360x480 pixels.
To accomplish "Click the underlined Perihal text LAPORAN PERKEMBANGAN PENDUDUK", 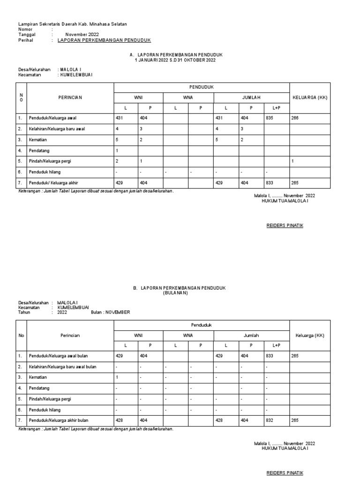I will (x=104, y=41).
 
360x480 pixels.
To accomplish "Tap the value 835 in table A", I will (x=270, y=118).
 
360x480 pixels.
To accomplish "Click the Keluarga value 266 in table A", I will (x=295, y=118).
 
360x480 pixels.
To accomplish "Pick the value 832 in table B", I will (x=270, y=420).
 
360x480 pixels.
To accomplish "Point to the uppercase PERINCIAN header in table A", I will (x=70, y=97).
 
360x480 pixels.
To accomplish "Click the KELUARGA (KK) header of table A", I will (x=310, y=97).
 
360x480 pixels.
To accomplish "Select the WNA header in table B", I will (x=188, y=336).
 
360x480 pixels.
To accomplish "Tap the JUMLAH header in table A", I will (x=251, y=97).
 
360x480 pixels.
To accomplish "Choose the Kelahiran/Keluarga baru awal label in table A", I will (x=57, y=129).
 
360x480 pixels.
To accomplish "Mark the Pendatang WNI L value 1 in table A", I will (x=117, y=150).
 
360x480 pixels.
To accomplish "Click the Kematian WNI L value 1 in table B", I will (x=117, y=377).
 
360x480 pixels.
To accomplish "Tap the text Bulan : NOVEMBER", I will (x=111, y=312).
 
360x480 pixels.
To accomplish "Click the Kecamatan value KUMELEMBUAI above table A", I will (x=75, y=75).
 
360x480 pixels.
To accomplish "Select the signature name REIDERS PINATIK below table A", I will (x=285, y=225).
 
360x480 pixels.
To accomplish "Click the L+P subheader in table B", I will (x=276, y=345).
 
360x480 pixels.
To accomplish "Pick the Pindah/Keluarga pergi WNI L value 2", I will (x=117, y=161).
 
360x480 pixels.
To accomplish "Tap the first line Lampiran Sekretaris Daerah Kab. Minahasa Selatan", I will (x=72, y=24).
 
